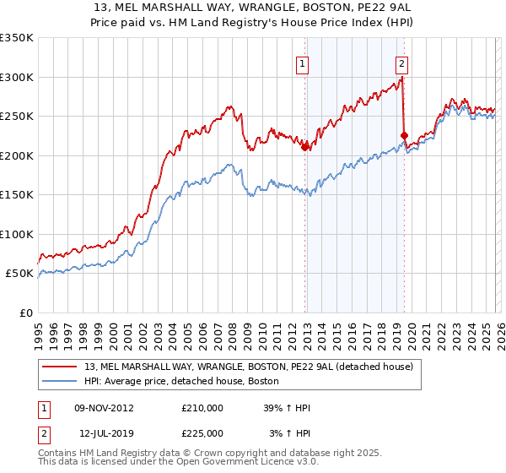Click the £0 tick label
point(25,313)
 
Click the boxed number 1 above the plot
point(302,63)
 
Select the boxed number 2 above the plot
point(401,63)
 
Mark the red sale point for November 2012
point(304,147)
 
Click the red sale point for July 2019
point(404,135)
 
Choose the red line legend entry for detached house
point(249,367)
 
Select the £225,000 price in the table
point(202,432)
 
